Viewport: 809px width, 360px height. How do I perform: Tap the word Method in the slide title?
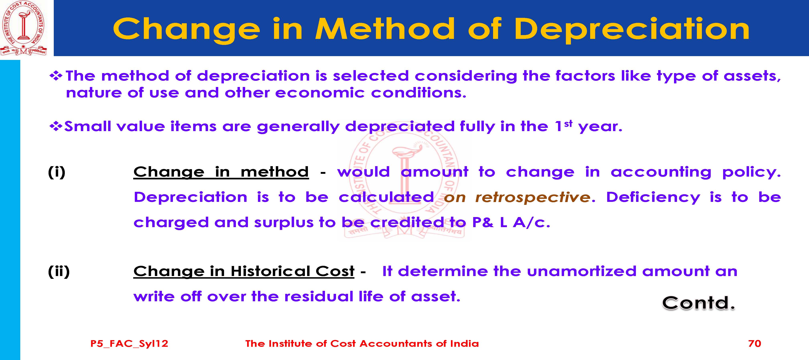click(385, 29)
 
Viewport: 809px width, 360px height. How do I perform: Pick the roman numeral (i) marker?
click(57, 172)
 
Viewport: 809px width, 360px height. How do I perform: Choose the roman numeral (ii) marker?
click(59, 271)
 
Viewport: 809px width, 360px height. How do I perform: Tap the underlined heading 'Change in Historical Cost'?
click(244, 271)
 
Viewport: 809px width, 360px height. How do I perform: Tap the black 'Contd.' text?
click(699, 303)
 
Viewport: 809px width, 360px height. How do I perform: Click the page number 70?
click(755, 343)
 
